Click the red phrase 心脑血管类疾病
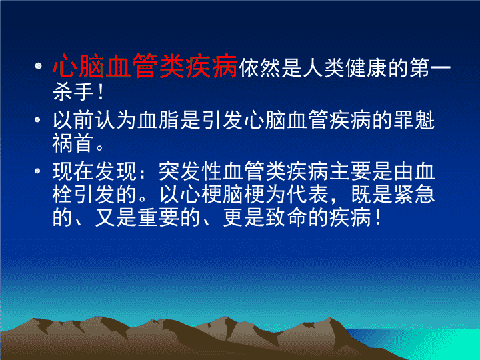pos(145,66)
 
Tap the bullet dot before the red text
pos(38,66)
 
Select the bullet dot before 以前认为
pos(37,120)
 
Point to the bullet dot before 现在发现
pos(37,171)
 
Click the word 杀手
pos(74,91)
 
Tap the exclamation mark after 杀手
pos(101,91)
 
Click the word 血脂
pos(159,120)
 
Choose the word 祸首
pos(74,143)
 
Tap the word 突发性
pos(191,171)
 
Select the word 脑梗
pos(243,194)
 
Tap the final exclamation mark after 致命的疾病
pos(379,217)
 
